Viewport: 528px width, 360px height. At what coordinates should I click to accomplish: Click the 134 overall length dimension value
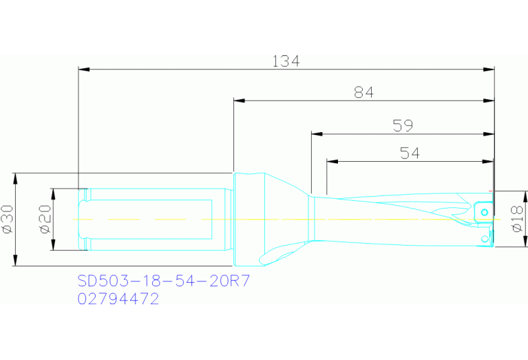286,62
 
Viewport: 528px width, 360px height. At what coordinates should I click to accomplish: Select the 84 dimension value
363,92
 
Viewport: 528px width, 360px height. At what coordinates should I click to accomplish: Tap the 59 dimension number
403,125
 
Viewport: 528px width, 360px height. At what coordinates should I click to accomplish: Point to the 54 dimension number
410,153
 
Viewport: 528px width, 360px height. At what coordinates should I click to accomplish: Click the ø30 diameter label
8,219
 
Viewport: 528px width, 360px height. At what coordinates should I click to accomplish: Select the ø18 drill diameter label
517,219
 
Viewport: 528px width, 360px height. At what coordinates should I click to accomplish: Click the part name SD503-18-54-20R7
164,281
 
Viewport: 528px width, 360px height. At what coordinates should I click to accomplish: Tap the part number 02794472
118,299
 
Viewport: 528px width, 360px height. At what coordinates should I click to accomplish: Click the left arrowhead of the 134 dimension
84,70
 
